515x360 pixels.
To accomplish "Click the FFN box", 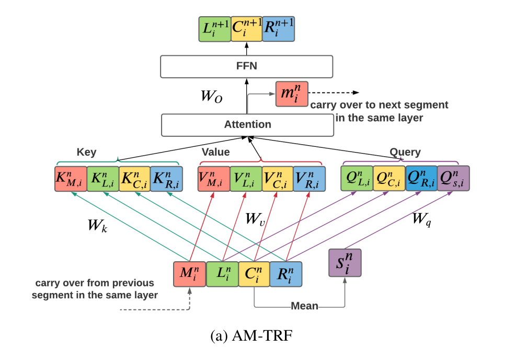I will [x=246, y=67].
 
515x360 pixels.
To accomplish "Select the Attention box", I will [x=247, y=124].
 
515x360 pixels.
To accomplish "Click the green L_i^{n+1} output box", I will [x=214, y=29].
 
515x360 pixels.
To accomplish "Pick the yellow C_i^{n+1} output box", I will [x=246, y=29].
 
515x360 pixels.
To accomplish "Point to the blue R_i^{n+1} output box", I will [x=278, y=29].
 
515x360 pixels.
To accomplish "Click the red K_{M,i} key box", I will [x=70, y=179].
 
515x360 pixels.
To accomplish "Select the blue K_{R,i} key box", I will [x=166, y=179].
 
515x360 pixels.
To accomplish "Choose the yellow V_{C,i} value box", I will [x=278, y=179].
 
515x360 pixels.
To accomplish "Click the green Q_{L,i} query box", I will [x=357, y=179].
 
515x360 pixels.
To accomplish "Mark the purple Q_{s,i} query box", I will [x=453, y=179].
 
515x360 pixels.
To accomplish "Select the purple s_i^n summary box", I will [x=345, y=263].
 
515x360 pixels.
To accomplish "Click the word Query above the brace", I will [x=405, y=152].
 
